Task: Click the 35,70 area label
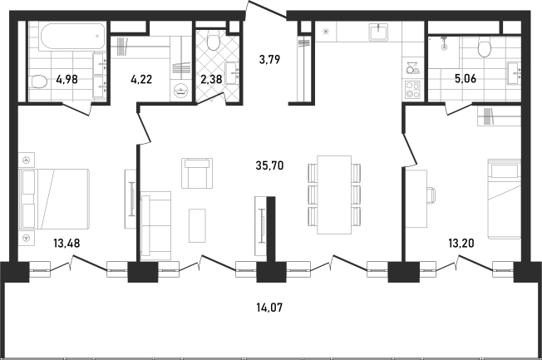pos(269,165)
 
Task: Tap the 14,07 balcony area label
pos(269,307)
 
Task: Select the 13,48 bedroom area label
pos(67,243)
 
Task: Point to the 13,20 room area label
pos(461,243)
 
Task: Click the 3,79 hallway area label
pos(269,60)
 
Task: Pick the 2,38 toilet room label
pos(211,79)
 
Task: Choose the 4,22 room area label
pos(141,79)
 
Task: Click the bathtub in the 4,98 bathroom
pos(73,36)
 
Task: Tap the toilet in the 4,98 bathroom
pos(38,82)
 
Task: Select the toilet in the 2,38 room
pos(213,42)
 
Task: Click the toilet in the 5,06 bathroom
pos(485,47)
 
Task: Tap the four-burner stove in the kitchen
pos(412,89)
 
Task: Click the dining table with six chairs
pos(334,195)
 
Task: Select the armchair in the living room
pos(197,173)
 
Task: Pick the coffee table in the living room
pos(197,225)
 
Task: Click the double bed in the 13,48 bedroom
pos(55,199)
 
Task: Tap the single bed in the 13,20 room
pos(504,199)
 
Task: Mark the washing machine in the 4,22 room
pos(180,91)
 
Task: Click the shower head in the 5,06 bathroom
pos(444,44)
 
